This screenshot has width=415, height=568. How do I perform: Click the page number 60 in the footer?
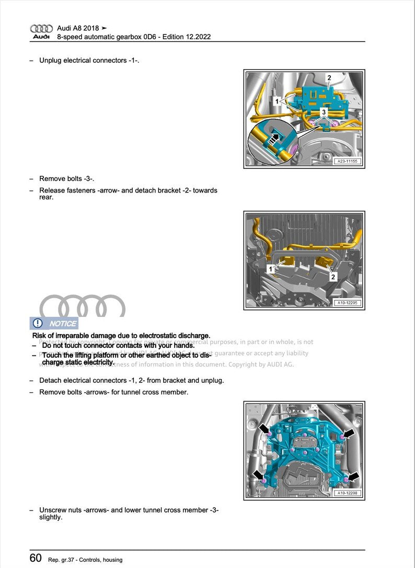point(36,558)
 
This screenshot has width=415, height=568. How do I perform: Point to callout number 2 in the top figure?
point(329,78)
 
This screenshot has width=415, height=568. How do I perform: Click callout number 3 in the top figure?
point(324,112)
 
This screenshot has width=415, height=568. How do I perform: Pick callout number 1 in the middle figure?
point(271,269)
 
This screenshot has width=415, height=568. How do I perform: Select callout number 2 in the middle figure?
point(333,277)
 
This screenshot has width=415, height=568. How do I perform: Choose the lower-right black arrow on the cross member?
point(354,476)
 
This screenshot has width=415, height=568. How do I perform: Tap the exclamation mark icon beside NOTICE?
point(38,323)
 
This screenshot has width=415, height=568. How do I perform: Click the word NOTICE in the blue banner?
point(63,324)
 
